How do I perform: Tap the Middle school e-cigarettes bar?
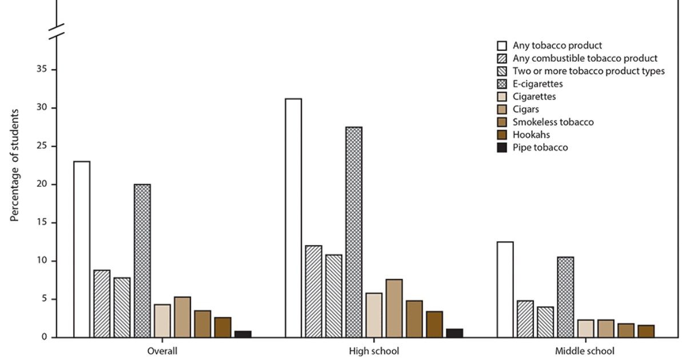pos(565,297)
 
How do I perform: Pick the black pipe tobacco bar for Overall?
pos(243,334)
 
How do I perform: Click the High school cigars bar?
pos(394,308)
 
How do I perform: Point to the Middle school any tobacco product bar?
pos(505,289)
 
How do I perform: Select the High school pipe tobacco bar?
pos(454,333)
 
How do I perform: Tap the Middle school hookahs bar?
pos(646,331)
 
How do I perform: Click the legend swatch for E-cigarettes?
pos(502,84)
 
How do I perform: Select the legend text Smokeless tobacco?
pos(553,122)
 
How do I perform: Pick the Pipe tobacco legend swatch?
pos(502,148)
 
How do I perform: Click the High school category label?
pos(374,351)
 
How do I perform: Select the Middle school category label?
pos(585,351)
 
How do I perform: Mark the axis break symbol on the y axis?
pos(56,32)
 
